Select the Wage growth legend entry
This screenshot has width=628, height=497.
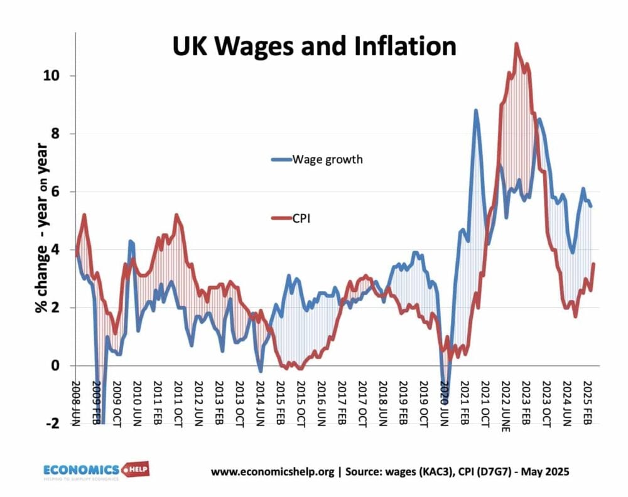point(317,159)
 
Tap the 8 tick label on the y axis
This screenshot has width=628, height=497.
point(62,134)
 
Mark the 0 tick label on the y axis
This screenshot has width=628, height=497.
point(62,366)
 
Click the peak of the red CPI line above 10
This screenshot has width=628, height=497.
point(516,44)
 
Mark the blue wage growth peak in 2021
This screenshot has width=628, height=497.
point(475,110)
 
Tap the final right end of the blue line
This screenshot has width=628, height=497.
point(591,206)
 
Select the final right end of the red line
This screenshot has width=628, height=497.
point(593,264)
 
